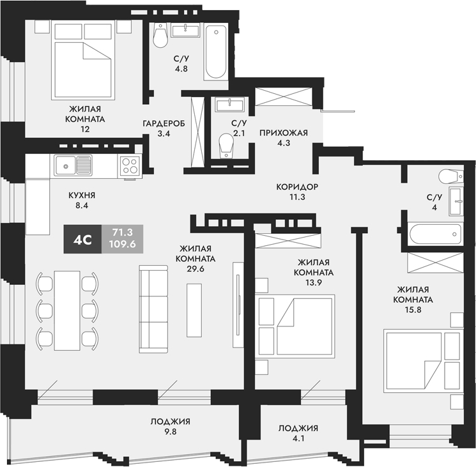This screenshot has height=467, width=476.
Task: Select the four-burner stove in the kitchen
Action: click(130, 166)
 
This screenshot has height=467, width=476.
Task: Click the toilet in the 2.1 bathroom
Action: click(225, 146)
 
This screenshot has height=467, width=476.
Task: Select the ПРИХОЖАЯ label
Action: click(284, 134)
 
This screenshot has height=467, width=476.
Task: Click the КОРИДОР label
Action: click(297, 187)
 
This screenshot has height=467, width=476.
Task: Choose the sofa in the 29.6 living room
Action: click(153, 310)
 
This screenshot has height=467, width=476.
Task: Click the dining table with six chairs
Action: click(66, 310)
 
